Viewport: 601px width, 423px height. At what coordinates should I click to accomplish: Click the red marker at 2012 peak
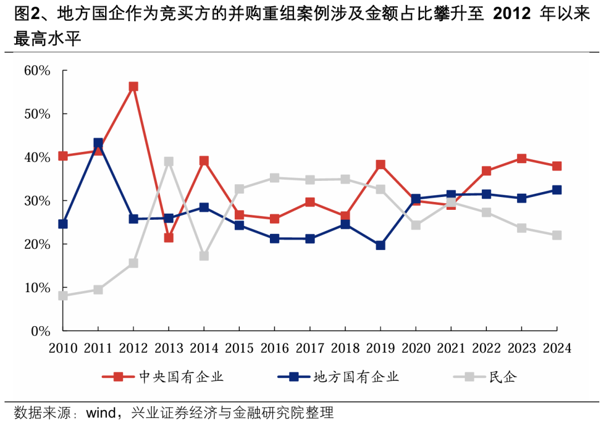(133, 87)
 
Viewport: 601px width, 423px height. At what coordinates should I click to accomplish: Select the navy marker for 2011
(98, 143)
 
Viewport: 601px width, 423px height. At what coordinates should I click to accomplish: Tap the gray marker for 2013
(169, 161)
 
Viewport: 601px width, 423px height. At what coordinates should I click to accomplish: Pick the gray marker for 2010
(63, 296)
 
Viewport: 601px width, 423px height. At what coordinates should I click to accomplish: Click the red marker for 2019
(381, 165)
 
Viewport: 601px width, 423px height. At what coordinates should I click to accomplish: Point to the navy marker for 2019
(381, 245)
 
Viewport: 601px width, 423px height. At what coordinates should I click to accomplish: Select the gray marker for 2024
(556, 235)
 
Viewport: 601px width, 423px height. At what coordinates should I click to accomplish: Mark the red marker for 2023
(521, 159)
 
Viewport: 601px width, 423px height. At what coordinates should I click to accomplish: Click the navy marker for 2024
(556, 190)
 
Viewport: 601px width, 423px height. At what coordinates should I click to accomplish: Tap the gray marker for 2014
(204, 256)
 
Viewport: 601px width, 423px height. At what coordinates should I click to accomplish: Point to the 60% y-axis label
(37, 71)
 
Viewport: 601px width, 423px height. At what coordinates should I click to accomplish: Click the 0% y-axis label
(41, 331)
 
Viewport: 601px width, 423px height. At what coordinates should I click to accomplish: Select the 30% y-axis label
(37, 201)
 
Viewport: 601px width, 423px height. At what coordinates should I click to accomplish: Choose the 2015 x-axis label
(239, 349)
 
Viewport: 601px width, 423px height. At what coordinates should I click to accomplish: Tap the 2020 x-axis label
(416, 349)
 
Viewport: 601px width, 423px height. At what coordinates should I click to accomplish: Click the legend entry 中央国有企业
(181, 377)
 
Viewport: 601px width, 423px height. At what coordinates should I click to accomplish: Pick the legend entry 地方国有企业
(356, 377)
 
